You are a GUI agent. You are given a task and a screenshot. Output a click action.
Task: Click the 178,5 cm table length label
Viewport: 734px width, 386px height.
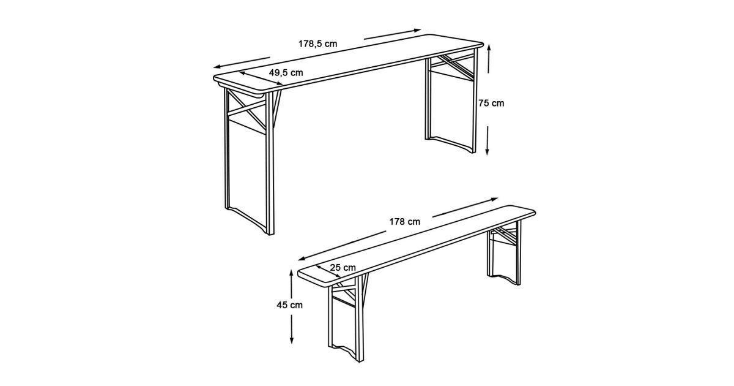317,44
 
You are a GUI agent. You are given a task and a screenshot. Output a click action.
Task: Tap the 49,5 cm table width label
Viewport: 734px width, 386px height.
286,72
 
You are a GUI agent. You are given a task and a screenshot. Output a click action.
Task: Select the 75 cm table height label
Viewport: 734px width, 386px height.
491,103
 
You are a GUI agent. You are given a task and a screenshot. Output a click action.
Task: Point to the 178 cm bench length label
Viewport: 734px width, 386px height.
405,222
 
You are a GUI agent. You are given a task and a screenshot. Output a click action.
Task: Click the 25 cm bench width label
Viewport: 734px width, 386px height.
343,268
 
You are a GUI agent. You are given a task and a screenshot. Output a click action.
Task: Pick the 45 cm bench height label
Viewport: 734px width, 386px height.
290,305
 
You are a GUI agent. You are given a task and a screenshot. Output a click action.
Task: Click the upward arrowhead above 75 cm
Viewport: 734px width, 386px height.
489,48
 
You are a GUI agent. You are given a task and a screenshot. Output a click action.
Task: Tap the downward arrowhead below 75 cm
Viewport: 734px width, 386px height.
487,151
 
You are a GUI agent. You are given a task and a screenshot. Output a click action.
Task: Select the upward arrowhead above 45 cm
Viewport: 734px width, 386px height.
291,273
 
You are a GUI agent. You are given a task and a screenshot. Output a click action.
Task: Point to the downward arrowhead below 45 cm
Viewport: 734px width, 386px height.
292,340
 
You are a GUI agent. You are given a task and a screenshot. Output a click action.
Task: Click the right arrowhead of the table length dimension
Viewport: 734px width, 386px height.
417,31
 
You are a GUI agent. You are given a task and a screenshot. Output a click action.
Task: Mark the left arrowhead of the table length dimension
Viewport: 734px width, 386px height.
217,67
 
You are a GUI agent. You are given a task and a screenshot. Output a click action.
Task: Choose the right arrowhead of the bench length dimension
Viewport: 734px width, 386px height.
494,199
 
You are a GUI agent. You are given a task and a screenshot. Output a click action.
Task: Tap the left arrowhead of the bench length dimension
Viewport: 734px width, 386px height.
302,259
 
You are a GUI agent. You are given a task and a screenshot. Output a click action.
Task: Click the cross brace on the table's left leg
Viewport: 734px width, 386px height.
247,109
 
